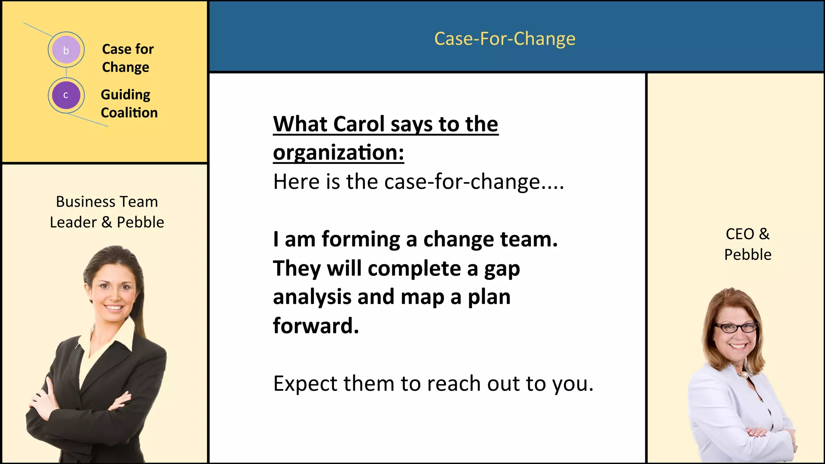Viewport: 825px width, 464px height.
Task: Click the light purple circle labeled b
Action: pos(66,50)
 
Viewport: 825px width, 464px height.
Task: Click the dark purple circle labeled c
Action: pos(66,95)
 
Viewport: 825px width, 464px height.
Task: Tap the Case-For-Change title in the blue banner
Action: pos(504,39)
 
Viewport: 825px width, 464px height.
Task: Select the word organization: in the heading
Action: pos(338,153)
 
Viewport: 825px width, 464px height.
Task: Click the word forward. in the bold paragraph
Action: pos(315,325)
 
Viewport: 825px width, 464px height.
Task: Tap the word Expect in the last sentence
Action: pos(305,383)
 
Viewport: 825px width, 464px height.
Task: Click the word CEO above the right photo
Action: pos(740,234)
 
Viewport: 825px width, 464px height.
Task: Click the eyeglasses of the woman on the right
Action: pos(736,327)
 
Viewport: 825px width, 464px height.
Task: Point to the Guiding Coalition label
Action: pos(129,104)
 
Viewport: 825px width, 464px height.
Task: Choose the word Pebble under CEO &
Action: pos(747,255)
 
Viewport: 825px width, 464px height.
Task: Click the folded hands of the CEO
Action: pos(757,433)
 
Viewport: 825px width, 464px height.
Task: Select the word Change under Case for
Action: pos(125,67)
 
